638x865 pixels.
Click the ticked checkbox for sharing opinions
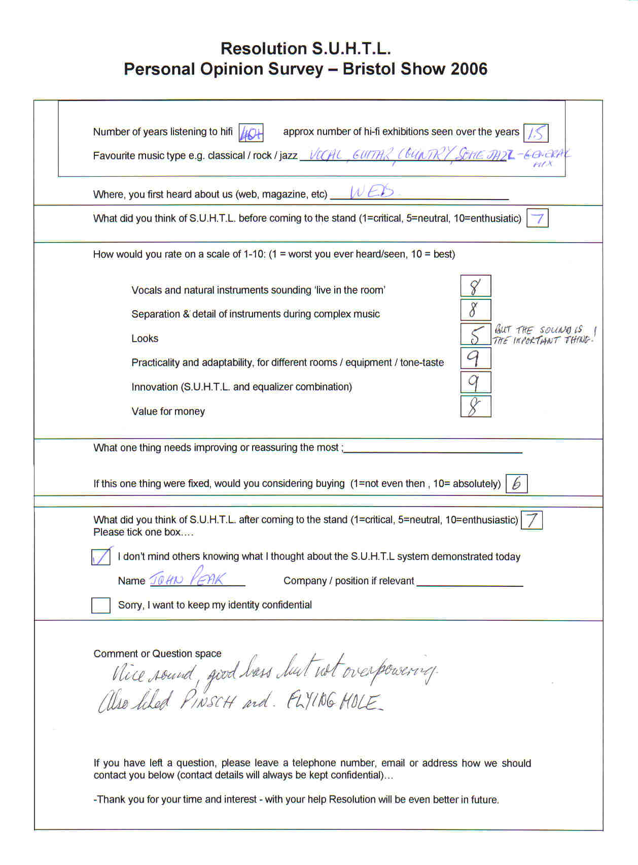click(x=101, y=557)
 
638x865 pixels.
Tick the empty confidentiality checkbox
click(x=100, y=605)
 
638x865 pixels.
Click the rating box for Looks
click(x=475, y=334)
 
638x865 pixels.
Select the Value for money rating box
click(x=475, y=407)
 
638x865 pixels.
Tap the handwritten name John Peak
click(x=188, y=578)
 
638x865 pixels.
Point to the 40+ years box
click(x=251, y=133)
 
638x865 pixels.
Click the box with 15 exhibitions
click(x=535, y=133)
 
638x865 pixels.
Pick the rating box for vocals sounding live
click(x=475, y=286)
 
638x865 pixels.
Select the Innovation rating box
click(x=475, y=382)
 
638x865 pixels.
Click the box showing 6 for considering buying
click(x=517, y=483)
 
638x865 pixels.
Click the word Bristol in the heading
click(x=369, y=69)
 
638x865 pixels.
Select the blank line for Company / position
click(x=470, y=582)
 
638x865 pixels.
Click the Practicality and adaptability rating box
click(x=475, y=358)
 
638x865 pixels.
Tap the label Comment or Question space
click(x=157, y=654)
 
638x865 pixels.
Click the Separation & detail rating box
click(x=475, y=310)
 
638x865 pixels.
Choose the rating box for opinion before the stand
click(x=537, y=219)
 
